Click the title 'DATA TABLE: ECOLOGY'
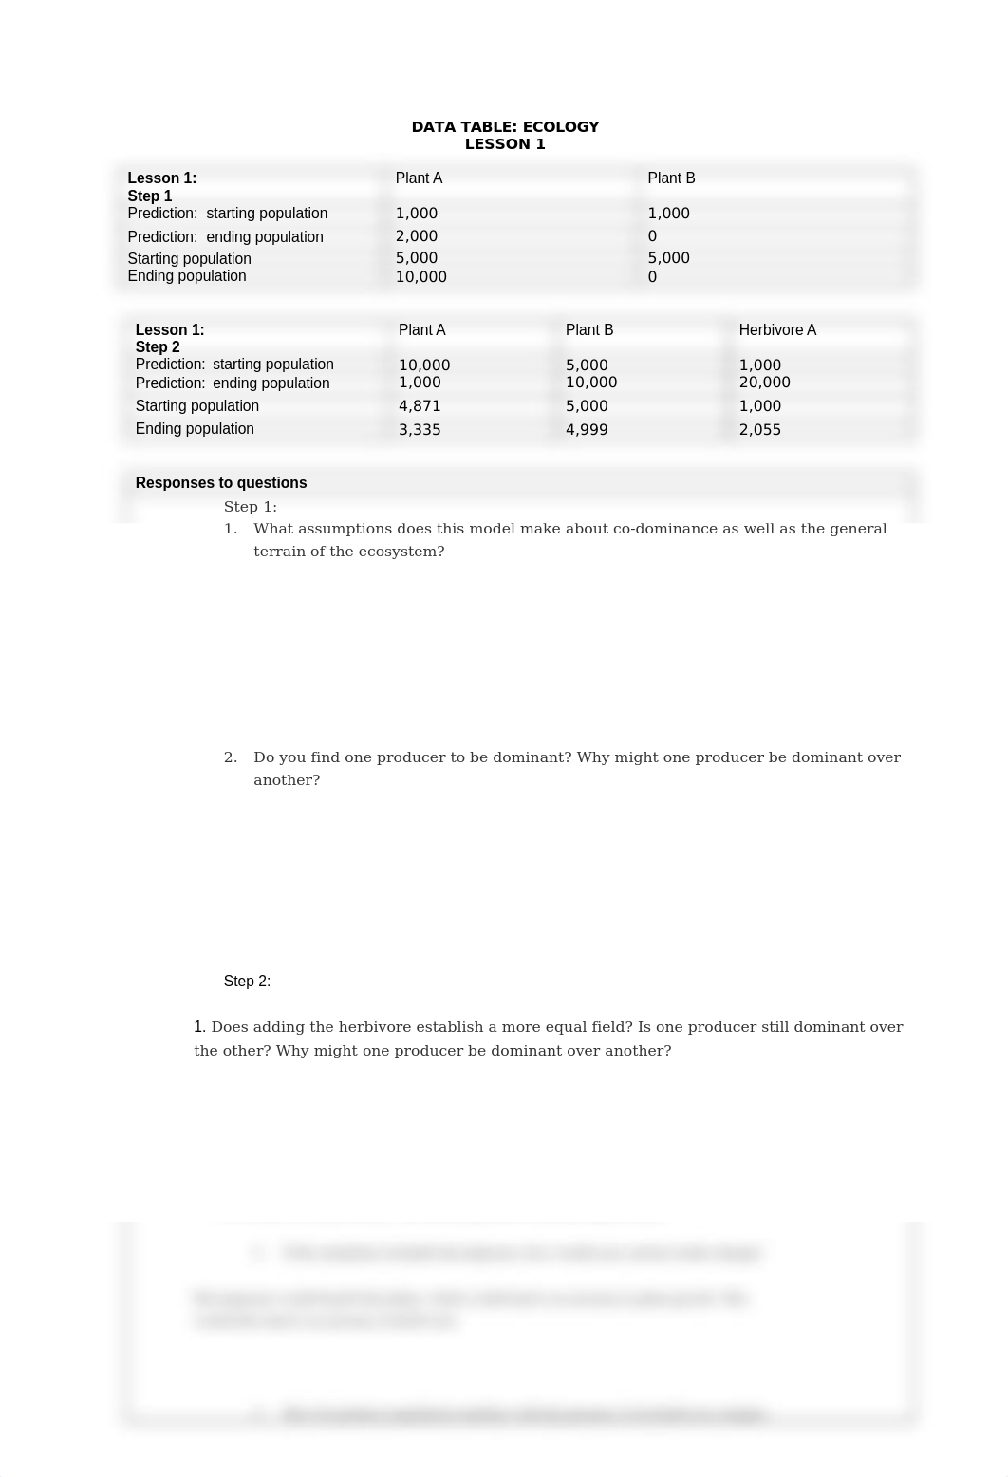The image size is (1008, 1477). coord(505,127)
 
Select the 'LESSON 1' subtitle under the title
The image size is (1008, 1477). coord(505,144)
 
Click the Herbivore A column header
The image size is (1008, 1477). coord(777,330)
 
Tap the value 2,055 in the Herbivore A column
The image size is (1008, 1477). coord(759,430)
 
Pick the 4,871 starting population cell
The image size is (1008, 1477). coord(420,406)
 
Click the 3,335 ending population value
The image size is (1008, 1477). coord(420,430)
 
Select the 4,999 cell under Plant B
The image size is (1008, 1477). coord(587,430)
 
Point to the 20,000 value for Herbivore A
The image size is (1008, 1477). coord(764,383)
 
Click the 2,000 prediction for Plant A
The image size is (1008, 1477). coord(417,236)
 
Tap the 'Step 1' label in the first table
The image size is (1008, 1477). coord(150,196)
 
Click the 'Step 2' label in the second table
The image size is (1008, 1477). coord(158,347)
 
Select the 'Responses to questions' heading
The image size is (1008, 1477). coord(221,483)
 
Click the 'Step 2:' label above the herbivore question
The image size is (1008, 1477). coord(247,982)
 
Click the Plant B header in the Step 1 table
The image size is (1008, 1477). coord(671,178)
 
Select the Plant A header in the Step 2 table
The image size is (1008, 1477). coord(421,330)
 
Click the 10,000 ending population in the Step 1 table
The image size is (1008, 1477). coord(420,277)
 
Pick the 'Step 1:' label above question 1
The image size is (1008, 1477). coord(251,507)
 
